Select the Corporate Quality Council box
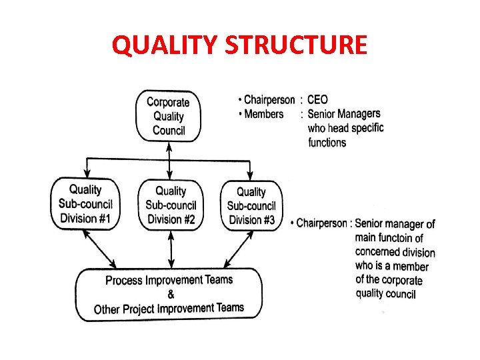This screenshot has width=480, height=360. [x=168, y=116]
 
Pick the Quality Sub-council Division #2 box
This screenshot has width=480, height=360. [x=171, y=205]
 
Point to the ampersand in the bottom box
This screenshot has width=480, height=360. [x=171, y=294]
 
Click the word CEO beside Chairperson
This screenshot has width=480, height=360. [x=317, y=100]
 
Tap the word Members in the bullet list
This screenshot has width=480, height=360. [x=264, y=114]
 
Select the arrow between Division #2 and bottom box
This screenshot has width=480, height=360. [x=171, y=249]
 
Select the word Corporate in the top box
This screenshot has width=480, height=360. [x=168, y=102]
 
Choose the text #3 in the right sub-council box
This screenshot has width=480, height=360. [x=268, y=220]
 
